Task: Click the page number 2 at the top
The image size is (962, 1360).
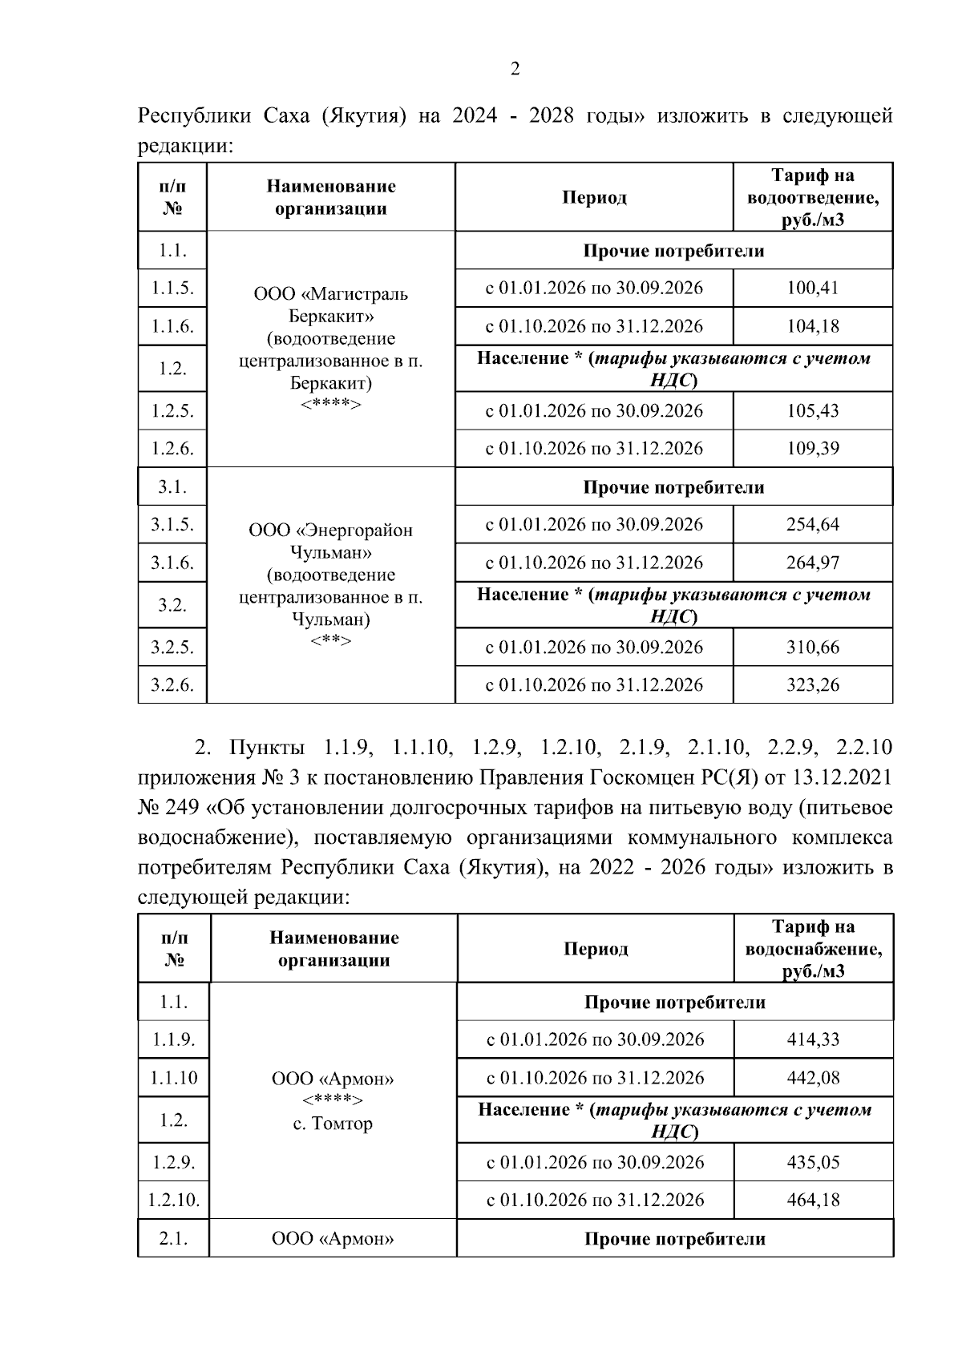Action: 515,69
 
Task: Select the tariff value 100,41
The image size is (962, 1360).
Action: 812,288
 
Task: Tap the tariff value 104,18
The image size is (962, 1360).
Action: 812,326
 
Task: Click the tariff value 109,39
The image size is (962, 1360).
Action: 812,448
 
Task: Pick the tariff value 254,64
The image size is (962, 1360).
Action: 812,524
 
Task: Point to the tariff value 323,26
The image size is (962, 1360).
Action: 812,684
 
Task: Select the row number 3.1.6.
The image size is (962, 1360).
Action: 172,563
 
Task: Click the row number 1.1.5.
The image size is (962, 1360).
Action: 172,288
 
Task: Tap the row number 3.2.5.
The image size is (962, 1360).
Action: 172,647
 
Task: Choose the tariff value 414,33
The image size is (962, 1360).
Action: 813,1039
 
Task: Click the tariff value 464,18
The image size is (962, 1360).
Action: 813,1200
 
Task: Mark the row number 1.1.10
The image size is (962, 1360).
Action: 173,1078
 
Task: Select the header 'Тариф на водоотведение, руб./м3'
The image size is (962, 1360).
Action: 812,197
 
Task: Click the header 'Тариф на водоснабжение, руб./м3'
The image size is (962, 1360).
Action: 813,949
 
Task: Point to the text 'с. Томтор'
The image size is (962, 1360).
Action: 333,1124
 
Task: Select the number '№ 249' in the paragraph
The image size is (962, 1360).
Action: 164,808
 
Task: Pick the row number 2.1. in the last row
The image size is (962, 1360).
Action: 173,1239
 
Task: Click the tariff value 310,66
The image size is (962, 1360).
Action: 812,647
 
